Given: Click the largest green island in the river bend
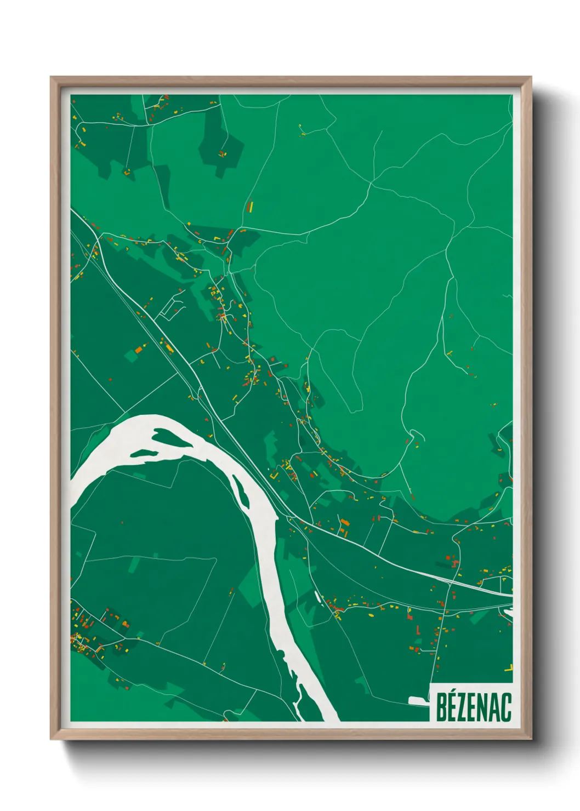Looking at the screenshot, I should click(174, 438).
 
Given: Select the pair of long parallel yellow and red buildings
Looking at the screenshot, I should click(251, 207).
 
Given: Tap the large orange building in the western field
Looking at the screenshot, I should click(139, 348).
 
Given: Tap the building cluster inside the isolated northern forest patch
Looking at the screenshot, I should click(222, 153).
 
